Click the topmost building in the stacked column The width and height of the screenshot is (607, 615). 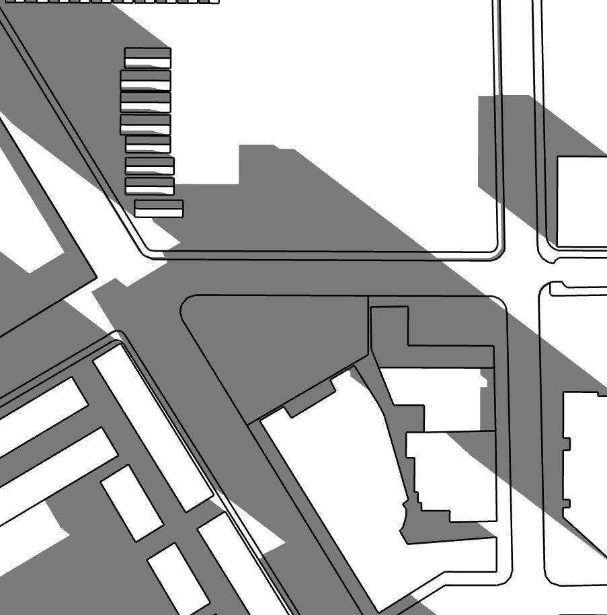pos(148,58)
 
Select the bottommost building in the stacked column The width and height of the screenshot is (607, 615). pos(159,209)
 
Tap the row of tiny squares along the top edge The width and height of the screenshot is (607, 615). pos(111,1)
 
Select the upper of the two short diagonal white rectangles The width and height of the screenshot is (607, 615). pos(132,502)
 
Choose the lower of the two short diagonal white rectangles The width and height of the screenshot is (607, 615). pos(177,578)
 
